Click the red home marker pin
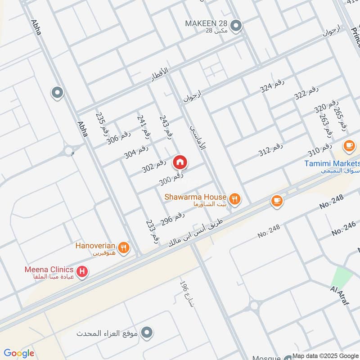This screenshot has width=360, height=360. pos(180,162)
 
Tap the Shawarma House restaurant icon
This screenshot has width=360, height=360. pos(234,198)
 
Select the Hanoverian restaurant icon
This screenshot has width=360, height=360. pos(124,247)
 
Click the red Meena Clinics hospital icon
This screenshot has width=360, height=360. pos(82,271)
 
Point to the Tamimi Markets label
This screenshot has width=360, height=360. pos(332,163)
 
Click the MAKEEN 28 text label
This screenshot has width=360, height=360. pos(207,23)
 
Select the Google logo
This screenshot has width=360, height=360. pos(18,353)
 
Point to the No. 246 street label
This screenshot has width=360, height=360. pos(344,228)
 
